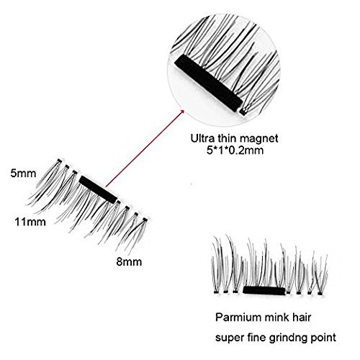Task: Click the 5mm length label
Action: point(23,174)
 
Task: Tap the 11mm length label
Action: point(30,222)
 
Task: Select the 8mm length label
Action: point(129,261)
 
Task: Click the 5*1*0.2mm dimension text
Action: point(235,150)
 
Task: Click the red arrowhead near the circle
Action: point(182,112)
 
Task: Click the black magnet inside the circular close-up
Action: point(208,83)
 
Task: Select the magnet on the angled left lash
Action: point(98,189)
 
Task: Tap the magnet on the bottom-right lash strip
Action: point(264,290)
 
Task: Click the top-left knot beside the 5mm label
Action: point(60,161)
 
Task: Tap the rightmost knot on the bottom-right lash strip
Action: point(320,293)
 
